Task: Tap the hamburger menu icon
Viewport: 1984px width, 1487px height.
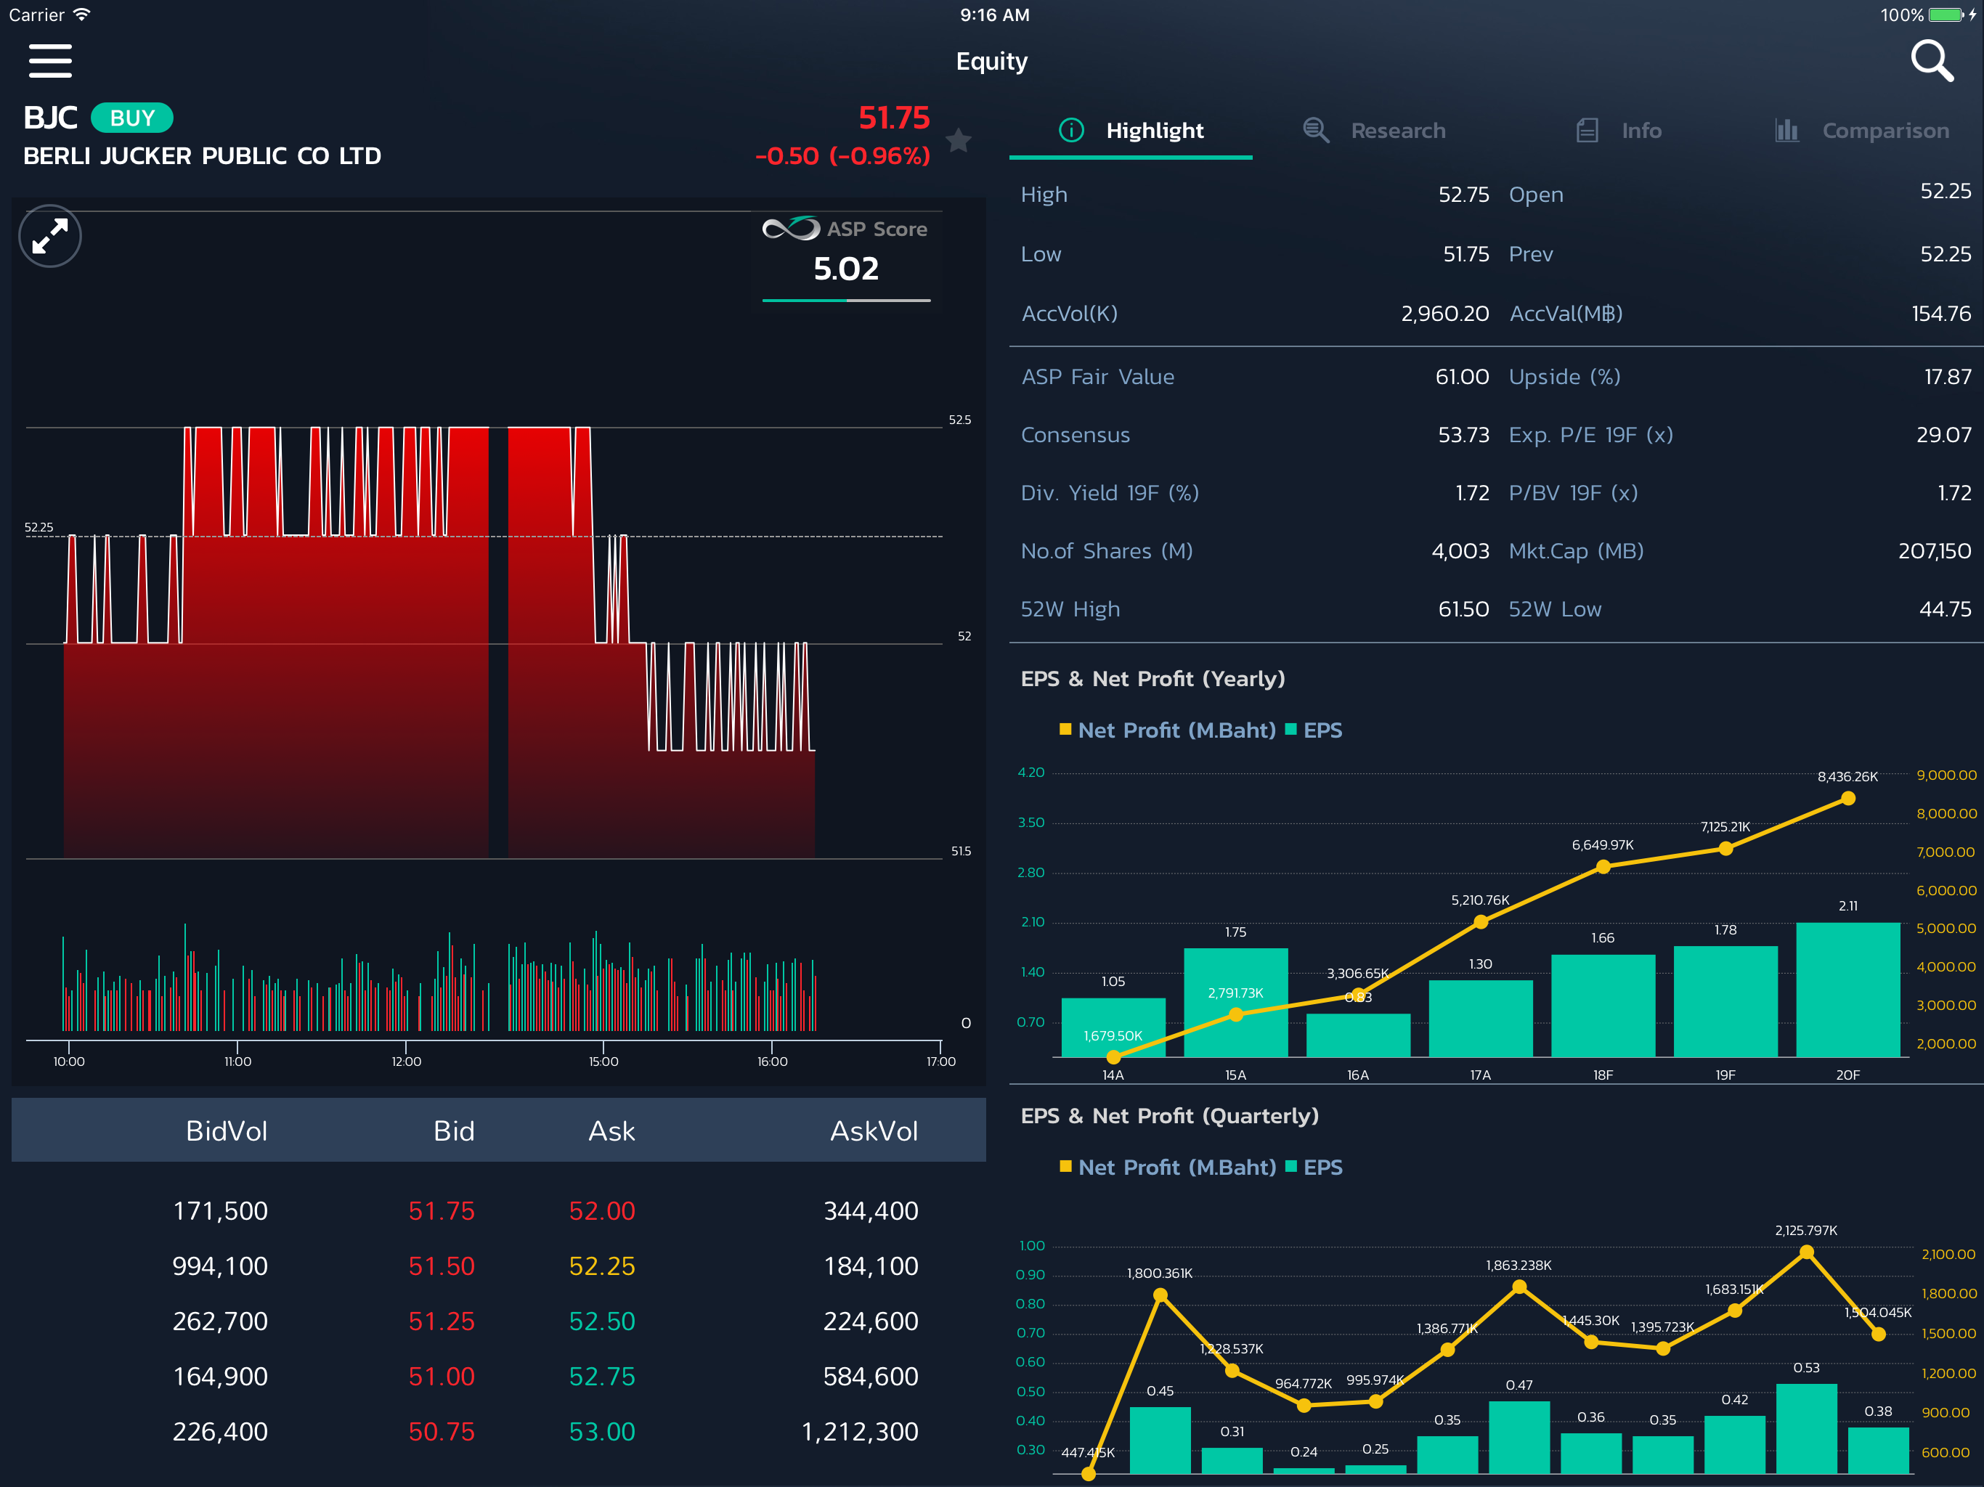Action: click(x=50, y=61)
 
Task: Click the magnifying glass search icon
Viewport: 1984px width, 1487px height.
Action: click(x=1932, y=61)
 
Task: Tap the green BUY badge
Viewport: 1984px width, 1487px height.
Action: click(x=132, y=118)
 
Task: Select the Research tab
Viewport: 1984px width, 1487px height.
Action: click(x=1374, y=131)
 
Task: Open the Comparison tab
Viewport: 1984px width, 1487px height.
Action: click(x=1862, y=131)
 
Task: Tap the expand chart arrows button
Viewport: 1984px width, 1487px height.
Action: click(x=50, y=237)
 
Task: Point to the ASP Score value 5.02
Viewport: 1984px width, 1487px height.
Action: click(x=846, y=269)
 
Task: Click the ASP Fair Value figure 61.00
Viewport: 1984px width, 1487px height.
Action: click(x=1462, y=377)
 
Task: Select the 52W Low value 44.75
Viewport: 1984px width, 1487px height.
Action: click(x=1946, y=609)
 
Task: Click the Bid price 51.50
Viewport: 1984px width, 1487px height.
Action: click(x=442, y=1266)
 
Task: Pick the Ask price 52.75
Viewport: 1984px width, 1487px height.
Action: click(x=602, y=1376)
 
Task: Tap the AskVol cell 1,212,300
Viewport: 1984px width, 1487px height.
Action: click(x=860, y=1431)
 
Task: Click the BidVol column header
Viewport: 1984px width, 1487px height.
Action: click(x=226, y=1131)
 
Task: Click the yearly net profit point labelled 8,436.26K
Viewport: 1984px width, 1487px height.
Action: click(x=1847, y=798)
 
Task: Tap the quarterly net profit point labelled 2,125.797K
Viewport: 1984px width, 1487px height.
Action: click(x=1806, y=1252)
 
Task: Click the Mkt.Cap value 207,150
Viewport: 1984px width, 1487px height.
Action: click(x=1935, y=550)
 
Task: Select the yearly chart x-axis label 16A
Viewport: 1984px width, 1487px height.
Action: click(x=1358, y=1075)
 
